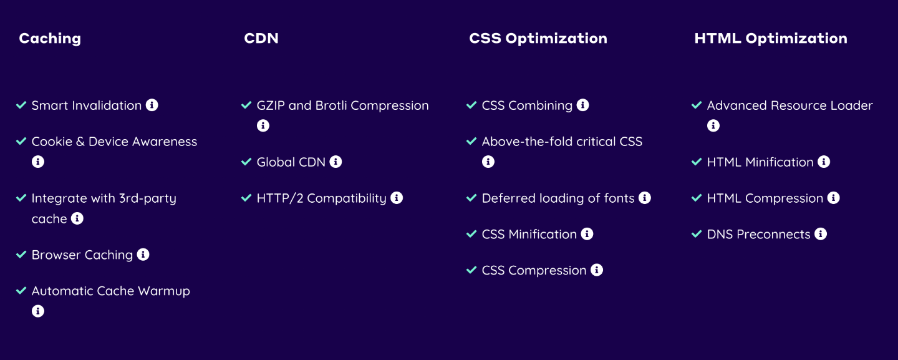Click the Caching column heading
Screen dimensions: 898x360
click(x=50, y=39)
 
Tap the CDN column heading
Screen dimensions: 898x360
click(x=261, y=38)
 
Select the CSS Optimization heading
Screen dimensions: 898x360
click(x=538, y=39)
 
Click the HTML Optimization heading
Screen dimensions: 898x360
click(x=771, y=39)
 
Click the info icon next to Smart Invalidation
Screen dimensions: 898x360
click(x=152, y=105)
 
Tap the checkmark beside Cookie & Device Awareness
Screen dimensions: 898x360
click(x=21, y=141)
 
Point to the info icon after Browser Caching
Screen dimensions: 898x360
click(x=143, y=255)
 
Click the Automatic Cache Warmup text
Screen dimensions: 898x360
click(x=110, y=291)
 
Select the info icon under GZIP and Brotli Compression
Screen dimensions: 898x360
click(x=263, y=125)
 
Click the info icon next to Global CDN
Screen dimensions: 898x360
click(x=336, y=162)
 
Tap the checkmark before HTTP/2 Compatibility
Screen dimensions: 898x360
click(x=246, y=198)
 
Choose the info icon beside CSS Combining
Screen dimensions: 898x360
click(x=583, y=105)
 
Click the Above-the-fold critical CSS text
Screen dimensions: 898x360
click(x=562, y=142)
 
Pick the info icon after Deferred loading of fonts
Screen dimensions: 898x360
click(x=645, y=198)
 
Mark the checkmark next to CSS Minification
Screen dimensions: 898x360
click(x=472, y=234)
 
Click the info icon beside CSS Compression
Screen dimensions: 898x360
click(x=597, y=270)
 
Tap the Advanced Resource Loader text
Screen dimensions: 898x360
click(x=789, y=105)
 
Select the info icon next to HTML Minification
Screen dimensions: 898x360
click(x=824, y=162)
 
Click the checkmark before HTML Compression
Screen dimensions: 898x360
click(x=697, y=198)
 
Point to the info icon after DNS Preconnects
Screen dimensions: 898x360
click(x=821, y=234)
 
